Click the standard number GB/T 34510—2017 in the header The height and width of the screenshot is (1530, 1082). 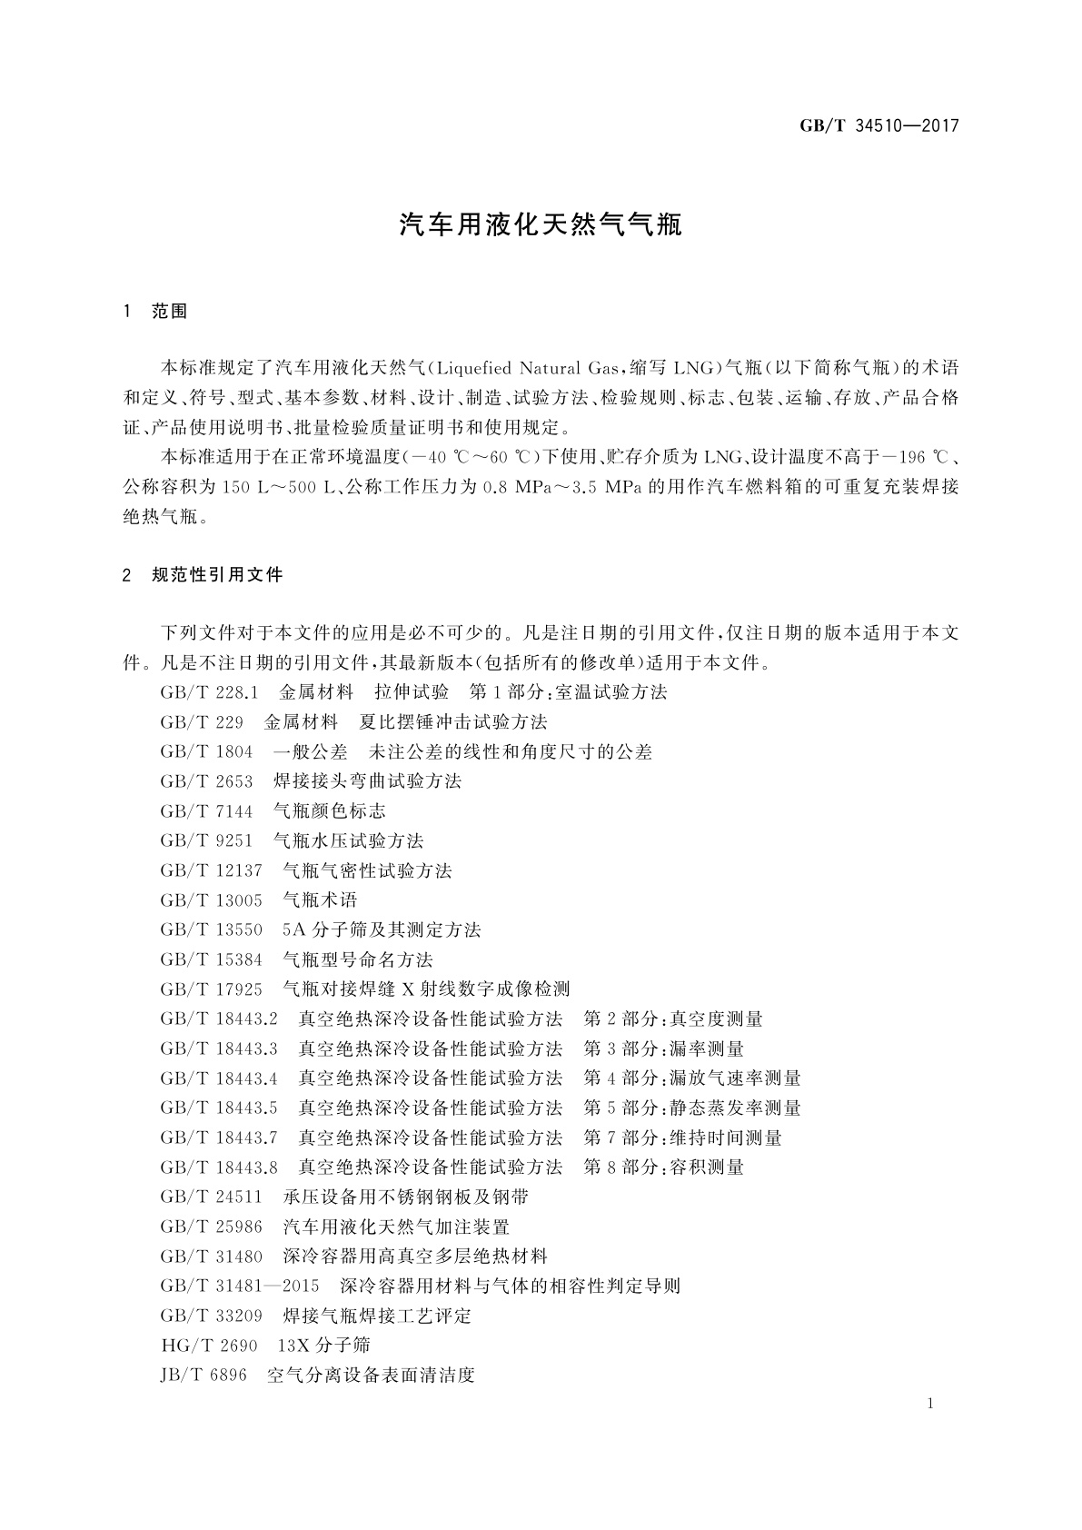[x=879, y=125]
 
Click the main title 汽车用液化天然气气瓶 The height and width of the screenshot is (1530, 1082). [x=541, y=225]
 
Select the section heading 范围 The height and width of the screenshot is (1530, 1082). [x=169, y=312]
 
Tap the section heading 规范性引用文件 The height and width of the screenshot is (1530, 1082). [x=217, y=574]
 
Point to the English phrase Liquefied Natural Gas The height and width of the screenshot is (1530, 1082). [x=521, y=368]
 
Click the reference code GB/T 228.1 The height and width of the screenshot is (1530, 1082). [x=210, y=692]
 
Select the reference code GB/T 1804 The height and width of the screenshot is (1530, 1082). [x=206, y=751]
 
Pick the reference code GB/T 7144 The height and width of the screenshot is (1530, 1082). [x=206, y=810]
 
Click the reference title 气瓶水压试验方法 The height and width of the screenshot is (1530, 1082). [x=348, y=840]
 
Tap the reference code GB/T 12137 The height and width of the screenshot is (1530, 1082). [x=211, y=870]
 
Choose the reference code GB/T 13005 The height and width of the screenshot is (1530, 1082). [x=211, y=899]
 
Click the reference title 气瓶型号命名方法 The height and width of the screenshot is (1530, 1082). [x=358, y=959]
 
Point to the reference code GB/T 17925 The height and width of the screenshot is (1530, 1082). [x=211, y=989]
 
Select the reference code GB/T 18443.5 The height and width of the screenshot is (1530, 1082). [x=219, y=1108]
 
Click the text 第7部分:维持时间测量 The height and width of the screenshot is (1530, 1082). [x=682, y=1138]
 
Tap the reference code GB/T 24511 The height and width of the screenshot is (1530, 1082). [x=211, y=1197]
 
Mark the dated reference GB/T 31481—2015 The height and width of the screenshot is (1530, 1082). [x=240, y=1286]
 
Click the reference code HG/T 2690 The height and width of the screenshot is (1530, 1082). [x=208, y=1346]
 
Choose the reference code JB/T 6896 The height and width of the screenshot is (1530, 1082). [x=203, y=1376]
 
